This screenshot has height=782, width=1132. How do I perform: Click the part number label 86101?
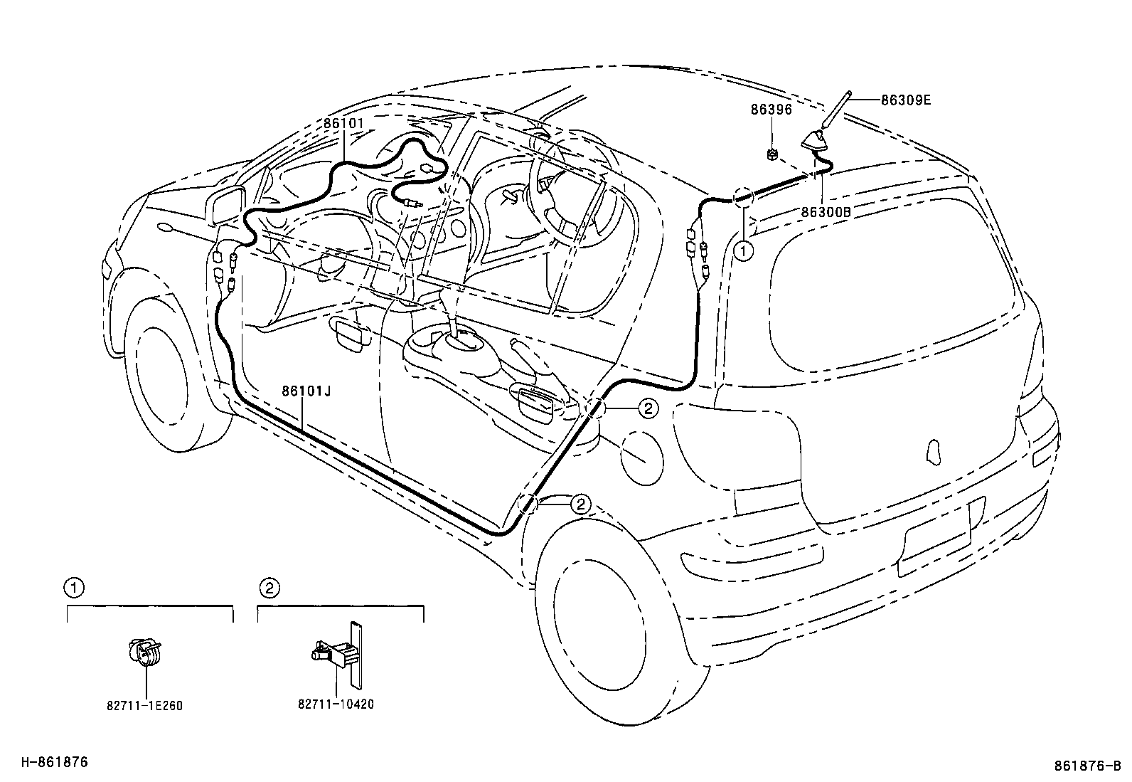343,123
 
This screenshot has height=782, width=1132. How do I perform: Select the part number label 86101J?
306,390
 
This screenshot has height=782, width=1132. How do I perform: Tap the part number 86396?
771,110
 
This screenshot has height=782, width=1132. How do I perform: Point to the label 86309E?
905,100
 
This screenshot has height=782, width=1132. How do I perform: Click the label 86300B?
826,211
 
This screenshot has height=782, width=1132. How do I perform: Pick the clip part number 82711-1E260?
144,706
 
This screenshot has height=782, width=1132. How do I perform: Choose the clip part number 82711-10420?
335,704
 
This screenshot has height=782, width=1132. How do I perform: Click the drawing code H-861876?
53,762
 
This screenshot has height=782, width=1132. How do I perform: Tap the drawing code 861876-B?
1088,766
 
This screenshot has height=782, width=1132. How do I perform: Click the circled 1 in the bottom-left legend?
73,588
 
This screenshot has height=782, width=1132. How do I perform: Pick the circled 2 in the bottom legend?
268,588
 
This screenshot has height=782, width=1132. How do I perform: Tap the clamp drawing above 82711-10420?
338,653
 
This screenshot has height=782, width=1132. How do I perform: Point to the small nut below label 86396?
772,153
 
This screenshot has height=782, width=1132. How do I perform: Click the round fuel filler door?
642,458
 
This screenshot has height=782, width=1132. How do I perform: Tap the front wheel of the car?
167,374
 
